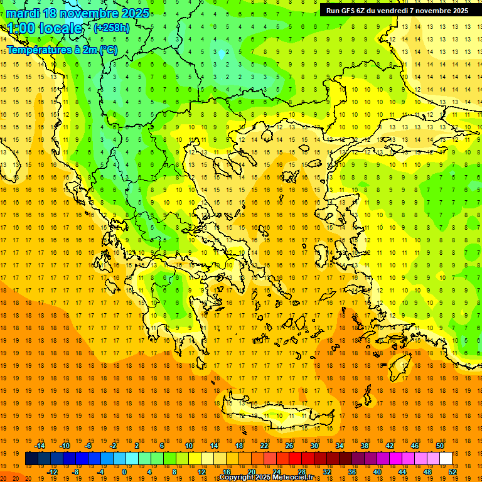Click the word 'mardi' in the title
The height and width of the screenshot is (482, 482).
click(x=23, y=13)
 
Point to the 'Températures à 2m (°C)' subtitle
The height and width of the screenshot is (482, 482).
click(x=62, y=49)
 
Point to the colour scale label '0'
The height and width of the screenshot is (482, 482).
click(x=124, y=472)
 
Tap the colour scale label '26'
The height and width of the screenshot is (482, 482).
click(x=289, y=446)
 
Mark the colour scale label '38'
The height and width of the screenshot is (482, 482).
click(x=363, y=446)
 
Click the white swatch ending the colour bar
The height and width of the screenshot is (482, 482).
click(x=446, y=459)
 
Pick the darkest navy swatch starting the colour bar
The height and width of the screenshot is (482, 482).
click(x=31, y=459)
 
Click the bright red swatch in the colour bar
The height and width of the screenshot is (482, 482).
click(x=295, y=459)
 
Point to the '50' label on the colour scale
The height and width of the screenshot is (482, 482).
click(x=439, y=446)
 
